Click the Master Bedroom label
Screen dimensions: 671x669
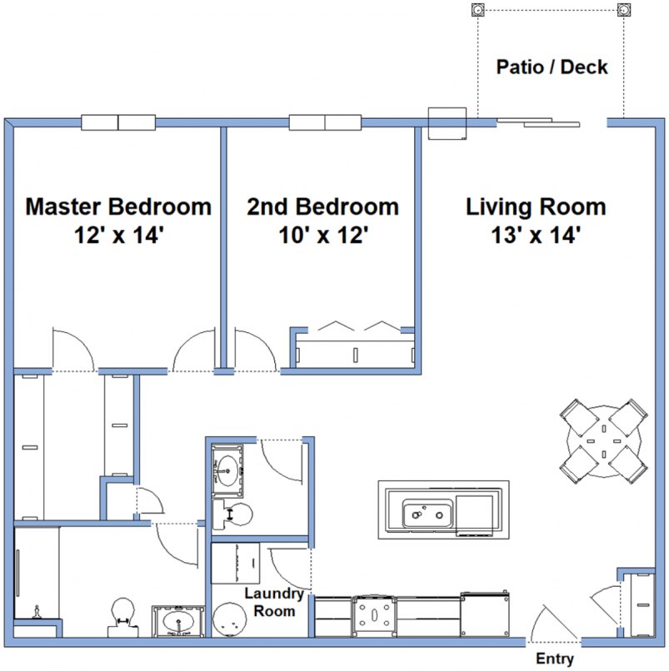[118, 206]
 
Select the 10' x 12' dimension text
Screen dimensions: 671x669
[322, 236]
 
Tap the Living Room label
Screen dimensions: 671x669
[536, 206]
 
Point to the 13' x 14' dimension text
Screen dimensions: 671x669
[536, 236]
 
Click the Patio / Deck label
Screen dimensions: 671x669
[552, 67]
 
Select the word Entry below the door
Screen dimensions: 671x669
[555, 659]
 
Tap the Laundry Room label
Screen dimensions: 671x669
[269, 603]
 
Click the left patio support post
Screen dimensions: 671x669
[477, 11]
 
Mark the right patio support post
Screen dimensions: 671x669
[624, 11]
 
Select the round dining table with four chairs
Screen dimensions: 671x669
[603, 440]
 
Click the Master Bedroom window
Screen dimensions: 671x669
[118, 122]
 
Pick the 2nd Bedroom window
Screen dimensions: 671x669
[325, 122]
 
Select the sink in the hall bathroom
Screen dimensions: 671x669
[226, 470]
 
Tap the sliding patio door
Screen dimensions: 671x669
[537, 123]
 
